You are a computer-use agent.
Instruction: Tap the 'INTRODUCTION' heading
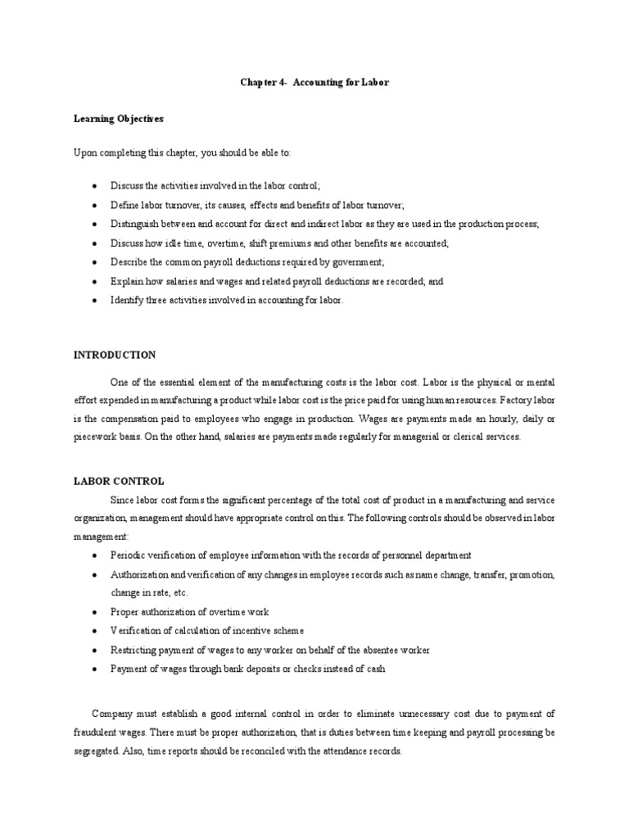tap(115, 355)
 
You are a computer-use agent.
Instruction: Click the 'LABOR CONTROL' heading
tap(119, 481)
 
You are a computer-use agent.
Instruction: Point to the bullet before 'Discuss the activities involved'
tap(96, 187)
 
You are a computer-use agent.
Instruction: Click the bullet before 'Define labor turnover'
tap(96, 206)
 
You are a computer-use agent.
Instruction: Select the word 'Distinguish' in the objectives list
tap(134, 224)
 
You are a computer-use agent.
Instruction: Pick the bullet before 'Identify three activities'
tap(96, 301)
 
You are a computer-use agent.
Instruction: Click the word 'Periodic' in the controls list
tap(129, 555)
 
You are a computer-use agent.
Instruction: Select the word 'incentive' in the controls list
tap(249, 631)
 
